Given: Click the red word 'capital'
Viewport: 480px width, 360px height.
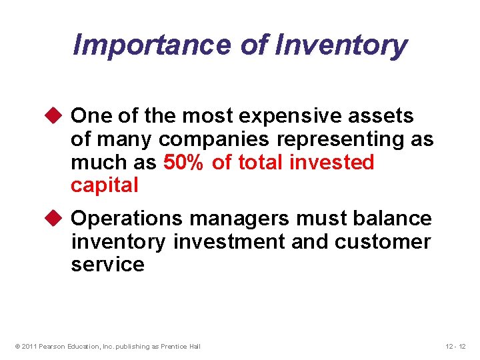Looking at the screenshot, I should click(x=104, y=185).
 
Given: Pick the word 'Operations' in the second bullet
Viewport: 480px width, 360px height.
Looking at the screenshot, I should click(x=127, y=219).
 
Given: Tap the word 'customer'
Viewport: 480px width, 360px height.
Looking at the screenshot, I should click(x=383, y=241).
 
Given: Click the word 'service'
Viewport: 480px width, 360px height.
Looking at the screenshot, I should click(x=107, y=264).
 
